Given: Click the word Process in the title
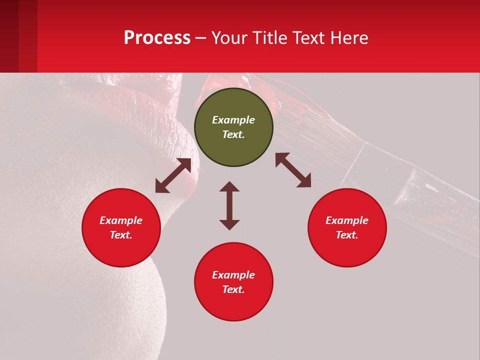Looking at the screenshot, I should [157, 38].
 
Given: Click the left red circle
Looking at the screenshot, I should [121, 227].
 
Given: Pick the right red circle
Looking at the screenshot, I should [347, 227].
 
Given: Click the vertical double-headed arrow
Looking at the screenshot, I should [229, 205].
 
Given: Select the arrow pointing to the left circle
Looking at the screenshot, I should [173, 175].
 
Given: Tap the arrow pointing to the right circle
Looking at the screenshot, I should [293, 170].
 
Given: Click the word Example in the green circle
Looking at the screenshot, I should [233, 120].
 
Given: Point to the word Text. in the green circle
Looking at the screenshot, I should [233, 134].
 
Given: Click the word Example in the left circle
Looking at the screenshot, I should [121, 220].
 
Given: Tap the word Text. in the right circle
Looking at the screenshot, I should [347, 235].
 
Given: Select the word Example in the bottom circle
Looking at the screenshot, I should [233, 275].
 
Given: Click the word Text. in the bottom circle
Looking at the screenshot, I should [233, 289].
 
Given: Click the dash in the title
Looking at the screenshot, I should [201, 38].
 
